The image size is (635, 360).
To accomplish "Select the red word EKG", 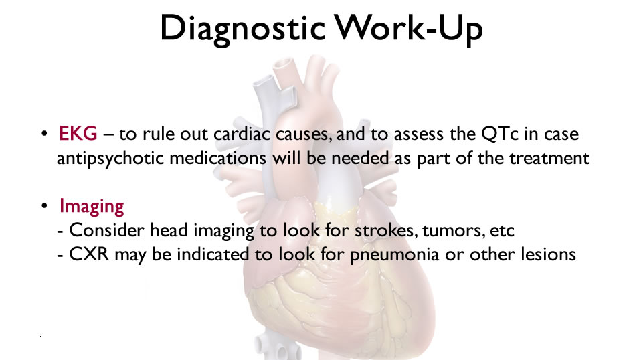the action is click(x=78, y=134).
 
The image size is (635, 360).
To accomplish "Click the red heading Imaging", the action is click(x=92, y=207).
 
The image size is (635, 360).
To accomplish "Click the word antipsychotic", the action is click(x=110, y=159).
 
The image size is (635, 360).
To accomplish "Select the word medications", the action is click(x=217, y=157).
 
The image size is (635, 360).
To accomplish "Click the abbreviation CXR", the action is click(x=89, y=254).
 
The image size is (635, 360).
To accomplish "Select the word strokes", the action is click(x=386, y=230).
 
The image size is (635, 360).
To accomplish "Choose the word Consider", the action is click(x=106, y=230).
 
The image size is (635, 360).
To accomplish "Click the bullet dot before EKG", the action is click(x=45, y=134).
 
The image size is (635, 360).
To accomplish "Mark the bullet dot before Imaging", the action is click(x=45, y=205).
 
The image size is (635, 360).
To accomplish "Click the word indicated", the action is click(x=213, y=254).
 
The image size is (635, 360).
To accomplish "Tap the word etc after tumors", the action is click(x=502, y=231).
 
